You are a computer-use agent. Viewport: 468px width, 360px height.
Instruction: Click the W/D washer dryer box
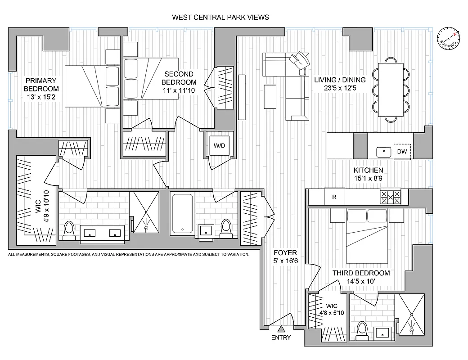pos(219,146)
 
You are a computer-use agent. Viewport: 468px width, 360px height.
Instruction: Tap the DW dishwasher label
pos(402,152)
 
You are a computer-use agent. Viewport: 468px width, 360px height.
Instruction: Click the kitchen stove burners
pos(391,196)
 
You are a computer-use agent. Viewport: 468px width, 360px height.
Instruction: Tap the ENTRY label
pos(281,337)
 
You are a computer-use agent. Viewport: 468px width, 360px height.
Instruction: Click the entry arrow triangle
pos(281,329)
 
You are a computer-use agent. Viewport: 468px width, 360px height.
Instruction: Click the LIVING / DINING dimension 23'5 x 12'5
pos(340,88)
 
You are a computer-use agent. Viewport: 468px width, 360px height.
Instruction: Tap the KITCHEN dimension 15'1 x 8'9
pos(368,178)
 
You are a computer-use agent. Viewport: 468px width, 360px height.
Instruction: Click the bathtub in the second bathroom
pos(182,213)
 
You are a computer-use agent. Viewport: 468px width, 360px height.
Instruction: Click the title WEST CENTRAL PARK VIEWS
pos(220,18)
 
